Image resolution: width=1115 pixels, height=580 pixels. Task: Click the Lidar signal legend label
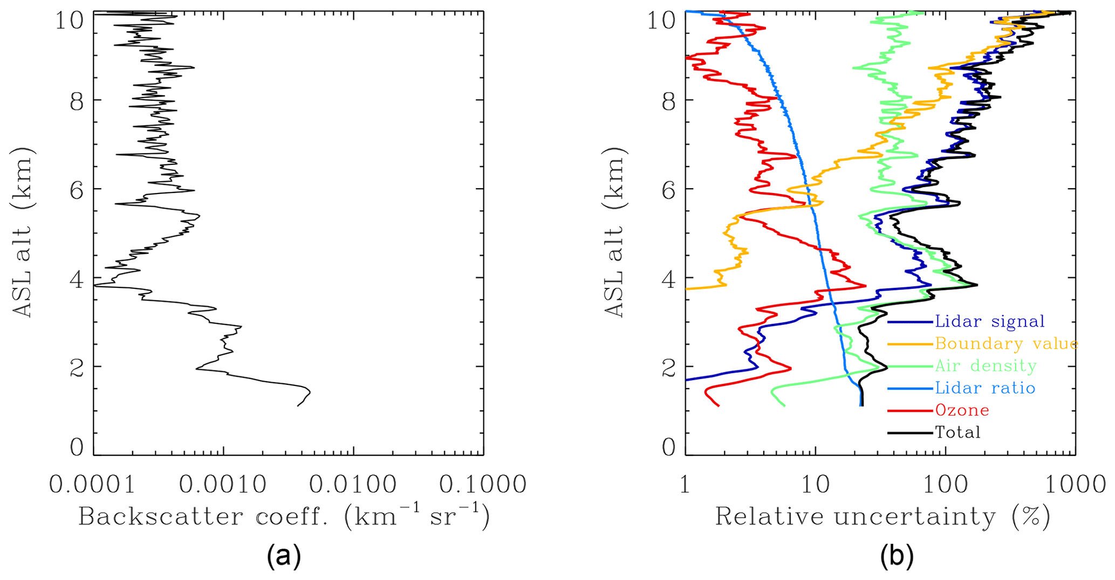(x=990, y=322)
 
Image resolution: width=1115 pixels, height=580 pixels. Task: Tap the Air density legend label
(x=986, y=366)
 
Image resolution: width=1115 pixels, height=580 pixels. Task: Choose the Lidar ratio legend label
(x=985, y=388)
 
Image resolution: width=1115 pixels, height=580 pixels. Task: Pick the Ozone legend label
(x=962, y=410)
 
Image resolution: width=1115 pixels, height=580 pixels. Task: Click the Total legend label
(x=957, y=432)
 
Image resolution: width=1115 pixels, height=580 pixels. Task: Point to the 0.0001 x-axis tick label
(x=93, y=485)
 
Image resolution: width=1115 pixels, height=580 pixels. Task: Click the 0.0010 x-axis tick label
(x=223, y=485)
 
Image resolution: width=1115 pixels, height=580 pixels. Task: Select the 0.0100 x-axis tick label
(x=353, y=485)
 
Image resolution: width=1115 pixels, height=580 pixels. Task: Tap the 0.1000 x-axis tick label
(x=483, y=485)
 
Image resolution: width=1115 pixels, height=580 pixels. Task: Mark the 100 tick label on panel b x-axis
(x=945, y=485)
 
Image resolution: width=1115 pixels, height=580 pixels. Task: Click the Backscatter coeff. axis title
(x=284, y=516)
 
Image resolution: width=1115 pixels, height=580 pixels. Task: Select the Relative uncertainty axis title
(x=883, y=516)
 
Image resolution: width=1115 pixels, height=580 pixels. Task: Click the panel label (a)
(x=284, y=557)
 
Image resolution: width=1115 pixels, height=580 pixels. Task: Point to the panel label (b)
(x=897, y=557)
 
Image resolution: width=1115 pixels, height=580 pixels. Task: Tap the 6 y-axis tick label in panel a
(x=77, y=189)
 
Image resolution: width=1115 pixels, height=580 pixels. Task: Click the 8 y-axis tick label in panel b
(x=669, y=101)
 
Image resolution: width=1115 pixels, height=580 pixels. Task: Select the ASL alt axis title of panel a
(x=23, y=232)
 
